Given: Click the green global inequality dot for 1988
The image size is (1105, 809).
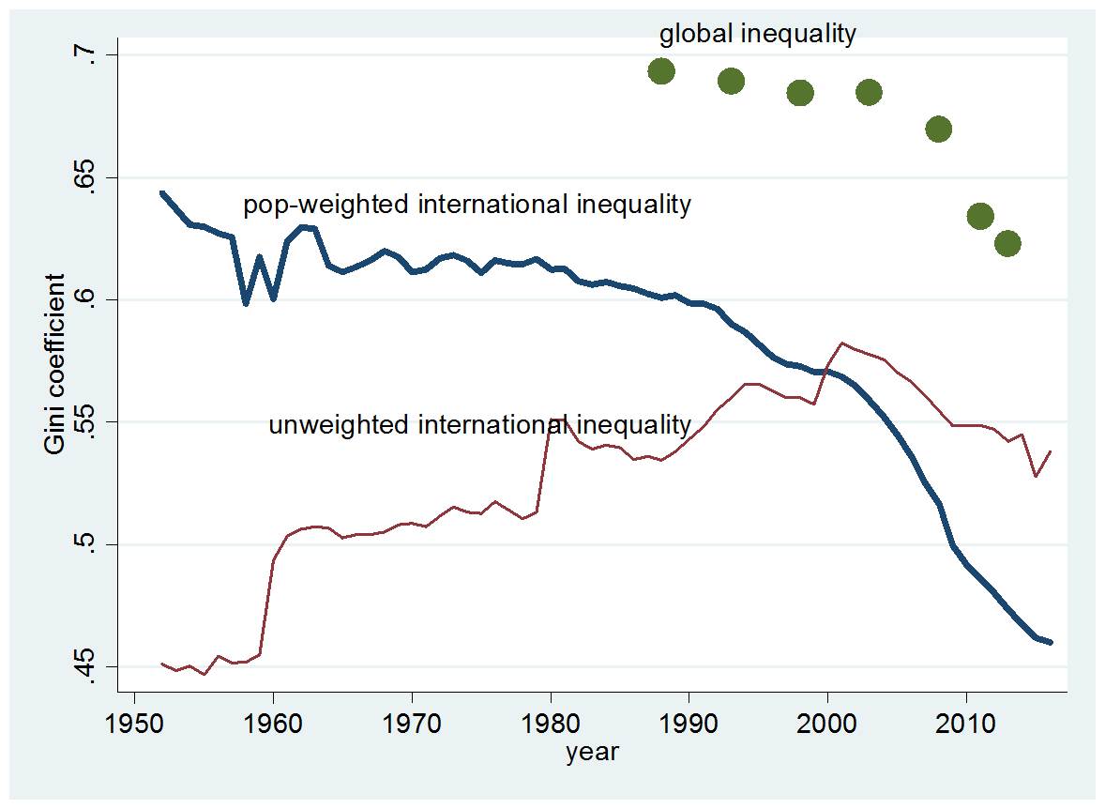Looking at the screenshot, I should (x=661, y=71).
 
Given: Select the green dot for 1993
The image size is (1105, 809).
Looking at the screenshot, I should (x=731, y=82).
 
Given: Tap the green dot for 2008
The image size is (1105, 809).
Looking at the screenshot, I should (x=938, y=130).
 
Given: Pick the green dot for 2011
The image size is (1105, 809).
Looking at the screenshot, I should (x=980, y=217).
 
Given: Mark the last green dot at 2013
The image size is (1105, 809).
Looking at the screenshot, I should (x=1007, y=244).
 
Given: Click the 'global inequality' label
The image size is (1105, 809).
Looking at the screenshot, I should (x=758, y=35).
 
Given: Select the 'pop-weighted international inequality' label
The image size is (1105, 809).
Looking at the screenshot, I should (x=467, y=205).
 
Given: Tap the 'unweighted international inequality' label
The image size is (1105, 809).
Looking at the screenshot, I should (x=480, y=425).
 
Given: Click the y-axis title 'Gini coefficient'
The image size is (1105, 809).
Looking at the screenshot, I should (x=55, y=364).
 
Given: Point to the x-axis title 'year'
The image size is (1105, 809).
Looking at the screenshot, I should (x=592, y=753).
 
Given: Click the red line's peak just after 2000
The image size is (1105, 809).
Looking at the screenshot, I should (x=841, y=343).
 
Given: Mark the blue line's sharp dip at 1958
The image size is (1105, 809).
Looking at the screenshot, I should (x=246, y=304).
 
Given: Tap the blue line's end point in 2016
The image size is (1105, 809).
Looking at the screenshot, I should (x=1051, y=642).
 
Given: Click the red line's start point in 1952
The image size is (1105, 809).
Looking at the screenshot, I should (x=162, y=664).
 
